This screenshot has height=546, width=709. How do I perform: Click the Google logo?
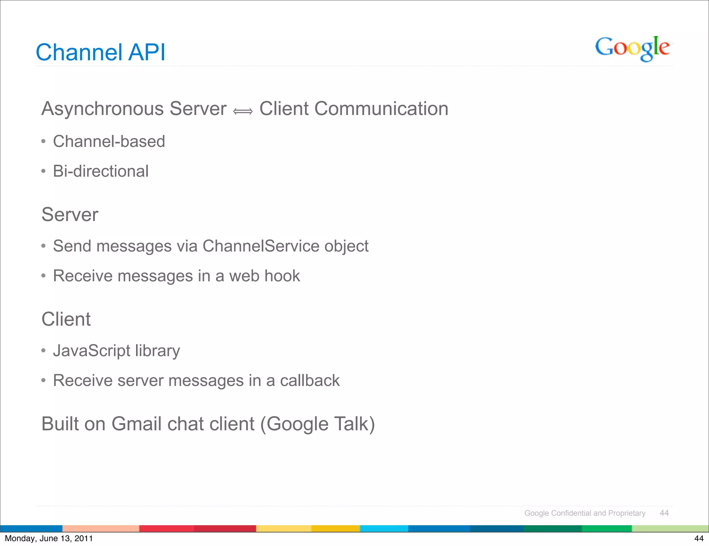coord(632,48)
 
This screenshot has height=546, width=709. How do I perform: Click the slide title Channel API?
coord(100,52)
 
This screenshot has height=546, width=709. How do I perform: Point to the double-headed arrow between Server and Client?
coord(243,111)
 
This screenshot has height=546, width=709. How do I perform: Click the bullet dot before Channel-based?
coord(43,141)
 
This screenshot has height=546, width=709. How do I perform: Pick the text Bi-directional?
coord(101,171)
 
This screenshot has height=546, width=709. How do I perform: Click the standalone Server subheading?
coord(70,214)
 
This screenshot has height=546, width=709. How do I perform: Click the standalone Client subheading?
coord(66,319)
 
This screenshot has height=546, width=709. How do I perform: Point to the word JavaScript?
coord(91,351)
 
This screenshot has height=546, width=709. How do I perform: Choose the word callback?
coord(309,380)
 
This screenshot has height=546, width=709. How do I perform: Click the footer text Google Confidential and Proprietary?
coord(585,513)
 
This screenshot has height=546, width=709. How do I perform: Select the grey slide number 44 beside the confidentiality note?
coord(664,513)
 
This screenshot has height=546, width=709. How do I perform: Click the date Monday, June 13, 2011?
coord(49,538)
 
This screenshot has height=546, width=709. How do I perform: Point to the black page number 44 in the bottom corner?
coord(699,538)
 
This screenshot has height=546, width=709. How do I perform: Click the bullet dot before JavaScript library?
coord(43,351)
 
